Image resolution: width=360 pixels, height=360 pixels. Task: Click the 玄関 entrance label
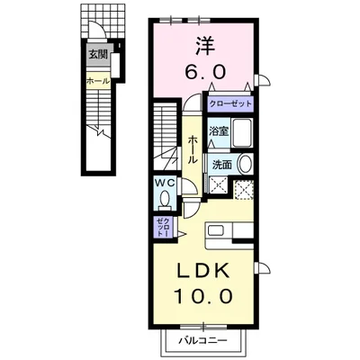click(98, 55)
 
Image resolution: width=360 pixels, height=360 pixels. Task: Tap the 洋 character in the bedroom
click(205, 46)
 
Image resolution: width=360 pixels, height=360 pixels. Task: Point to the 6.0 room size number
click(205, 71)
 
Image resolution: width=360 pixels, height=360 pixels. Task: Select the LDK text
click(204, 272)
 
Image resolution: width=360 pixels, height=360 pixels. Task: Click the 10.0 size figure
click(203, 296)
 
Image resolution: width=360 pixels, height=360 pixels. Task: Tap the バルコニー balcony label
click(203, 340)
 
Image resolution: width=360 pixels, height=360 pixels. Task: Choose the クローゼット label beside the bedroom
click(229, 104)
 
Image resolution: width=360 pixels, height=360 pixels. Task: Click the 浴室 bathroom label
click(219, 131)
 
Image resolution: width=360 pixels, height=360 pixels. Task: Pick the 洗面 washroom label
click(222, 165)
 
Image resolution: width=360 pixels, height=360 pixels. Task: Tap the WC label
click(165, 183)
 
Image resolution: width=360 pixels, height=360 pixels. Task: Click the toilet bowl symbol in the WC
click(165, 200)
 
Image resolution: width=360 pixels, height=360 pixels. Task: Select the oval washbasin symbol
click(245, 164)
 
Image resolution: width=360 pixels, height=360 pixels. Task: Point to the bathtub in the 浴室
click(242, 132)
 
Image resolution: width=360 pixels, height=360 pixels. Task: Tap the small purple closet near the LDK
click(164, 227)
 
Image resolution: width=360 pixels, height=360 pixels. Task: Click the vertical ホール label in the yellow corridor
click(193, 149)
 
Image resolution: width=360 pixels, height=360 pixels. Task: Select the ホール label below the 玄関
click(98, 81)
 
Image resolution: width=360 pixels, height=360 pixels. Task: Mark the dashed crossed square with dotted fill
click(243, 190)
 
